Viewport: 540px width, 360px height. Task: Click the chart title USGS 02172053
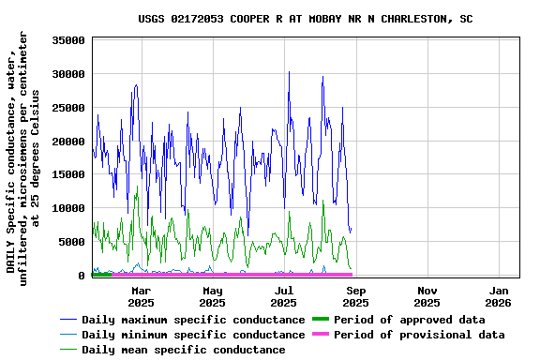305,19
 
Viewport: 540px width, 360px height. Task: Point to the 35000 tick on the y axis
69,40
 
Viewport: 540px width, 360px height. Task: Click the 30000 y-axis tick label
69,74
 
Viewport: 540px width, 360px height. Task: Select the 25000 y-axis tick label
69,108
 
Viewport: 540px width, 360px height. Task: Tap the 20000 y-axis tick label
69,142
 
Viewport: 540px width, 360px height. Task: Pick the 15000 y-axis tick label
69,174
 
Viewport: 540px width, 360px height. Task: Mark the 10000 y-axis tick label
69,208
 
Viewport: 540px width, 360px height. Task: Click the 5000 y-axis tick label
73,242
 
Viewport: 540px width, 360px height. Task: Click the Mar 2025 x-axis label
141,296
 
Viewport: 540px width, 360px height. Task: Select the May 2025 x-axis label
212,296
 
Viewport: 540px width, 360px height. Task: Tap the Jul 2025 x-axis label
283,296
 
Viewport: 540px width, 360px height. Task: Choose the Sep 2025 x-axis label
355,296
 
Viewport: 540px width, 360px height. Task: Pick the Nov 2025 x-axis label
427,296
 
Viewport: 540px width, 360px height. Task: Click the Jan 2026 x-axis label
498,296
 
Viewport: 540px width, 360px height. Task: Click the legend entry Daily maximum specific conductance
192,320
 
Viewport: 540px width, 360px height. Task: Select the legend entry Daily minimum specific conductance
192,335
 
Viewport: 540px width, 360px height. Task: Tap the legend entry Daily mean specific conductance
183,350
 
